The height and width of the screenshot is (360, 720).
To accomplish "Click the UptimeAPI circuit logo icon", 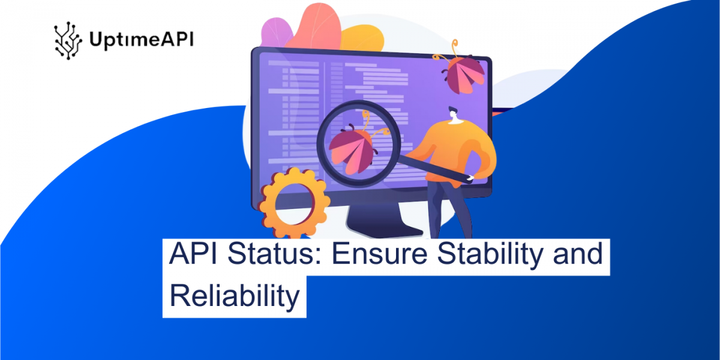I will click(68, 41).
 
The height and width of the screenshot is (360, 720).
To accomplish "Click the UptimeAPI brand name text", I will click(141, 41).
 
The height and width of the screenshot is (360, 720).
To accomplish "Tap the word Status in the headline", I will click(271, 254).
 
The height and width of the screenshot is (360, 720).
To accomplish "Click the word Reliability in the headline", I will click(234, 296).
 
